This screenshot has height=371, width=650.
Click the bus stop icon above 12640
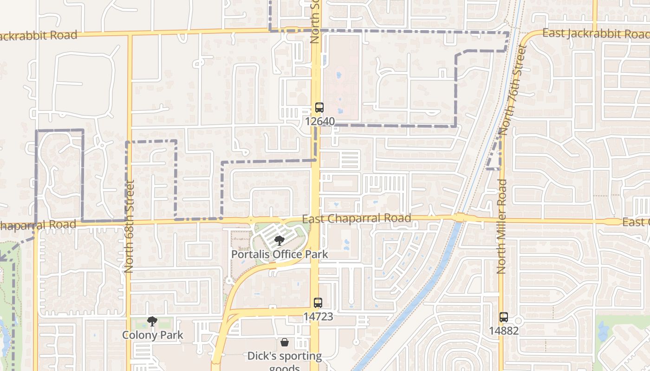(x=319, y=108)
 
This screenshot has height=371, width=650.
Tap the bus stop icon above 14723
(x=318, y=303)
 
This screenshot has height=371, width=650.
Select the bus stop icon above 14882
(x=504, y=317)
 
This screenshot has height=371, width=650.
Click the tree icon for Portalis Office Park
(x=279, y=240)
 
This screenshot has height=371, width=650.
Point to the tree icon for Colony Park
(x=152, y=321)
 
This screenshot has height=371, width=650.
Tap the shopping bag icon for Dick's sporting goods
(x=285, y=342)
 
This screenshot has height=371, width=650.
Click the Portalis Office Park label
(x=279, y=254)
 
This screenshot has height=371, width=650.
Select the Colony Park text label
(x=153, y=335)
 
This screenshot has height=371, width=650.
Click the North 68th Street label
(x=129, y=226)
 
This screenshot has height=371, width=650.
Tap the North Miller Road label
(x=501, y=226)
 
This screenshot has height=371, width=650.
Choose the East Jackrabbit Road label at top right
(x=596, y=33)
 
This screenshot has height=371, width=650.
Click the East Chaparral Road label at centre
(x=357, y=218)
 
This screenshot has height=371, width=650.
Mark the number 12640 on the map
(x=320, y=121)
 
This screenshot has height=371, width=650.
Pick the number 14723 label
(x=318, y=316)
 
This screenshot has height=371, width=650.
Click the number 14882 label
(x=504, y=331)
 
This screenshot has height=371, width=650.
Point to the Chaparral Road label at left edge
(x=37, y=225)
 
